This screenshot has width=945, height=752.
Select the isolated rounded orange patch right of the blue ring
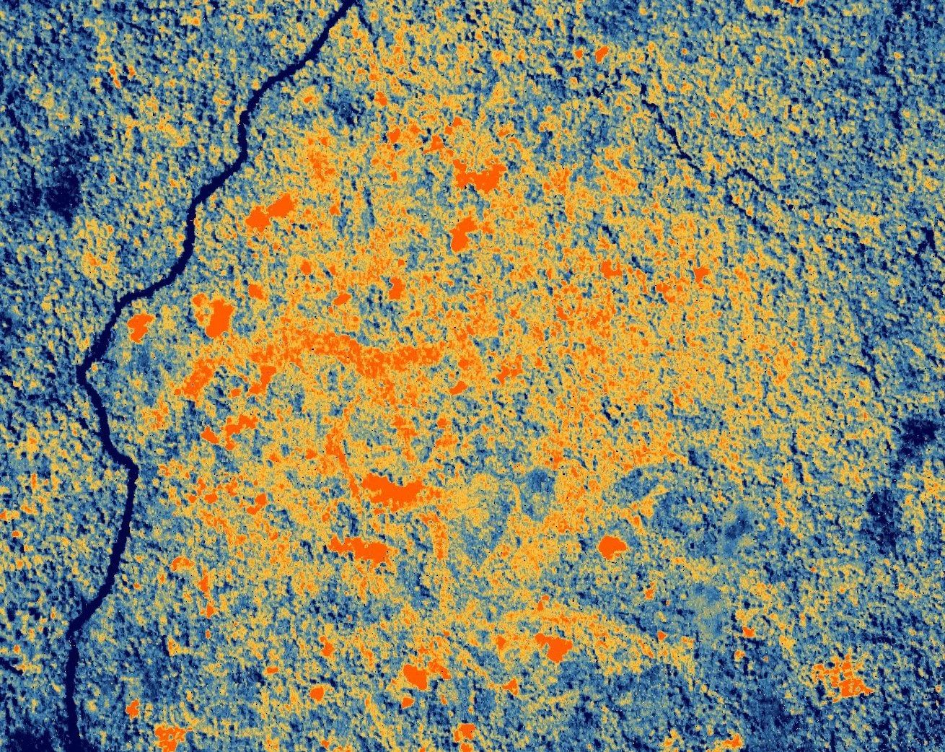(612, 546)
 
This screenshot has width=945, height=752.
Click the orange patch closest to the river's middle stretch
(139, 326)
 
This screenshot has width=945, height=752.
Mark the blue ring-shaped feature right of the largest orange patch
(537, 491)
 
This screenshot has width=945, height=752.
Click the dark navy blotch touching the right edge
(920, 433)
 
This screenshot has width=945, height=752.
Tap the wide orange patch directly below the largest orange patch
(361, 550)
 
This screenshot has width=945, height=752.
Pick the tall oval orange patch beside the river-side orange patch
(216, 318)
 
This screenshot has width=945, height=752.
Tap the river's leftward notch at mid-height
(81, 372)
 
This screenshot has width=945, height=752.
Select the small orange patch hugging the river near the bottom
(133, 708)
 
